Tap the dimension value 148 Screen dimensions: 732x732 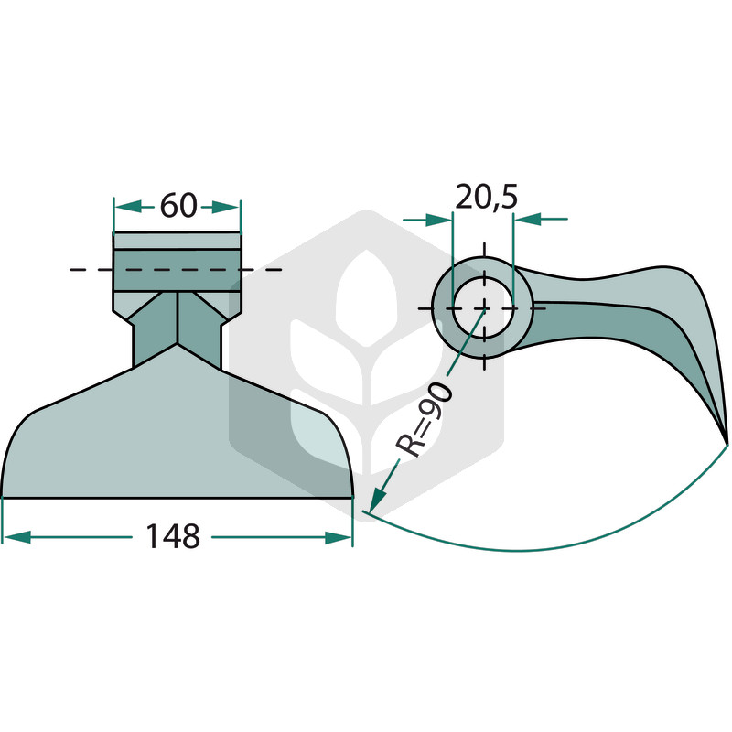[173, 536]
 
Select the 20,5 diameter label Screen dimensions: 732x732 [487, 198]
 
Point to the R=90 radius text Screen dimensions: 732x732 [424, 419]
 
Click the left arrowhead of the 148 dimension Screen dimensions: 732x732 [16, 537]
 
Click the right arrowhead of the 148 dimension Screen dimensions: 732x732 [339, 537]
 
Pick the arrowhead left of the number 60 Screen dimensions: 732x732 [127, 206]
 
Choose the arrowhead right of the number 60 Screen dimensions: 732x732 [226, 207]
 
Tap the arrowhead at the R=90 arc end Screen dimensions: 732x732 [376, 500]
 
